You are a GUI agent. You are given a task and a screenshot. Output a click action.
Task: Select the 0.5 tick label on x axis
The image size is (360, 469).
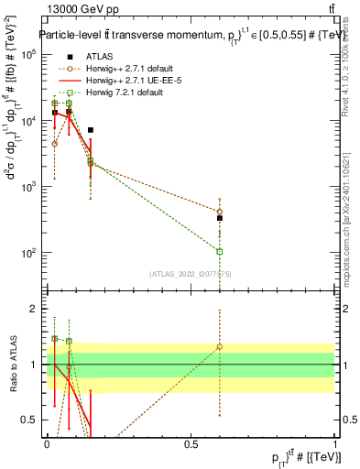pyautogui.click(x=191, y=444)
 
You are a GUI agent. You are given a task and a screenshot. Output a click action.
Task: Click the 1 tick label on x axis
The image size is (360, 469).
pyautogui.click(x=335, y=444)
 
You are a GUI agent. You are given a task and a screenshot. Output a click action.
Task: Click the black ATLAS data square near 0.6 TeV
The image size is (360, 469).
pyautogui.click(x=220, y=218)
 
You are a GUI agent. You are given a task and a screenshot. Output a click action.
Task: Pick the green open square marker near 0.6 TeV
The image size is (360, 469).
pyautogui.click(x=220, y=251)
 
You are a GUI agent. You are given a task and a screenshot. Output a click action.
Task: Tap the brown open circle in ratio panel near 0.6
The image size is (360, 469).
pyautogui.click(x=220, y=347)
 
